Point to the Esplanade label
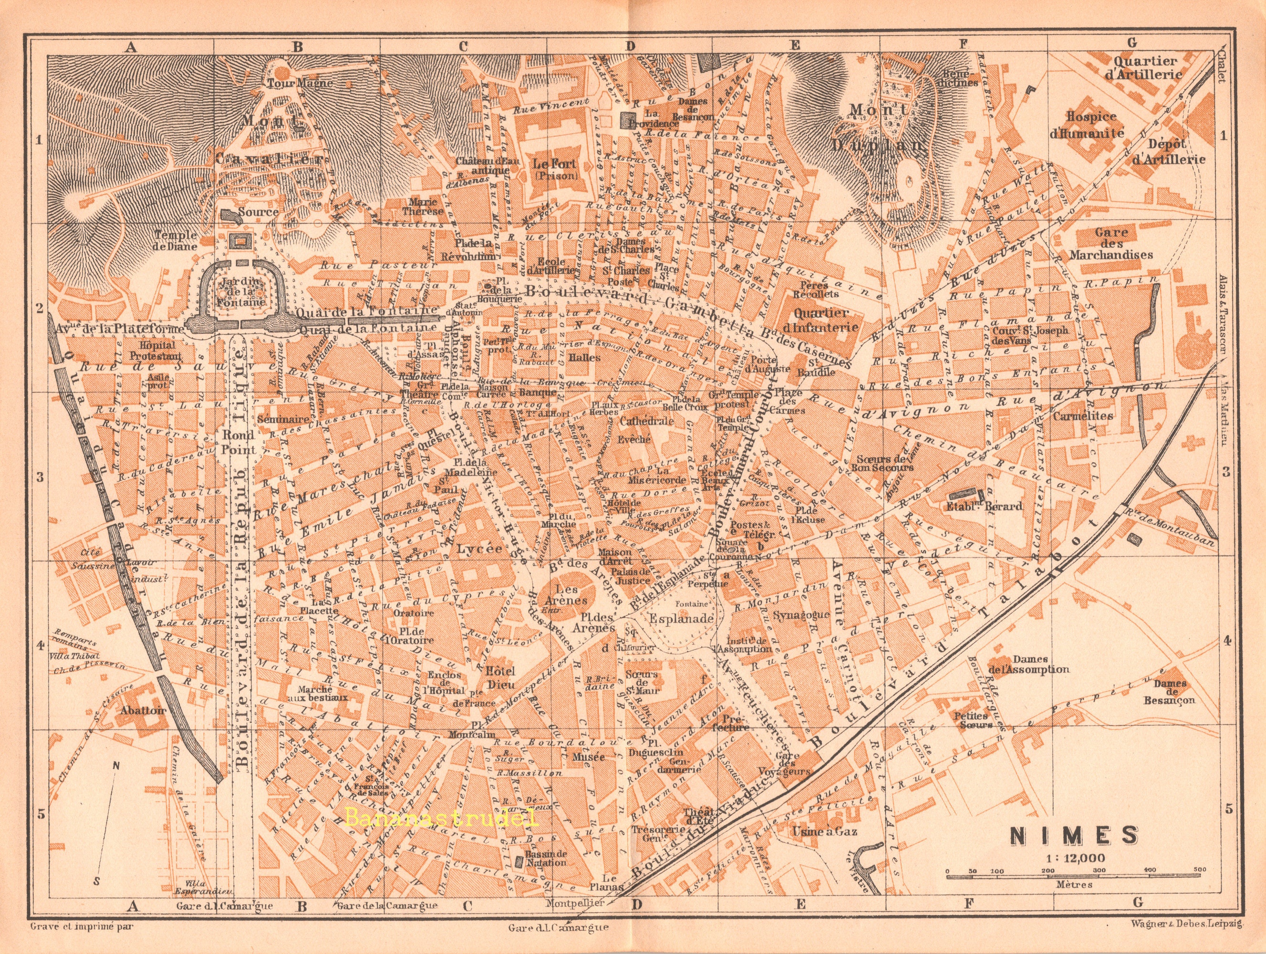(x=680, y=619)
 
